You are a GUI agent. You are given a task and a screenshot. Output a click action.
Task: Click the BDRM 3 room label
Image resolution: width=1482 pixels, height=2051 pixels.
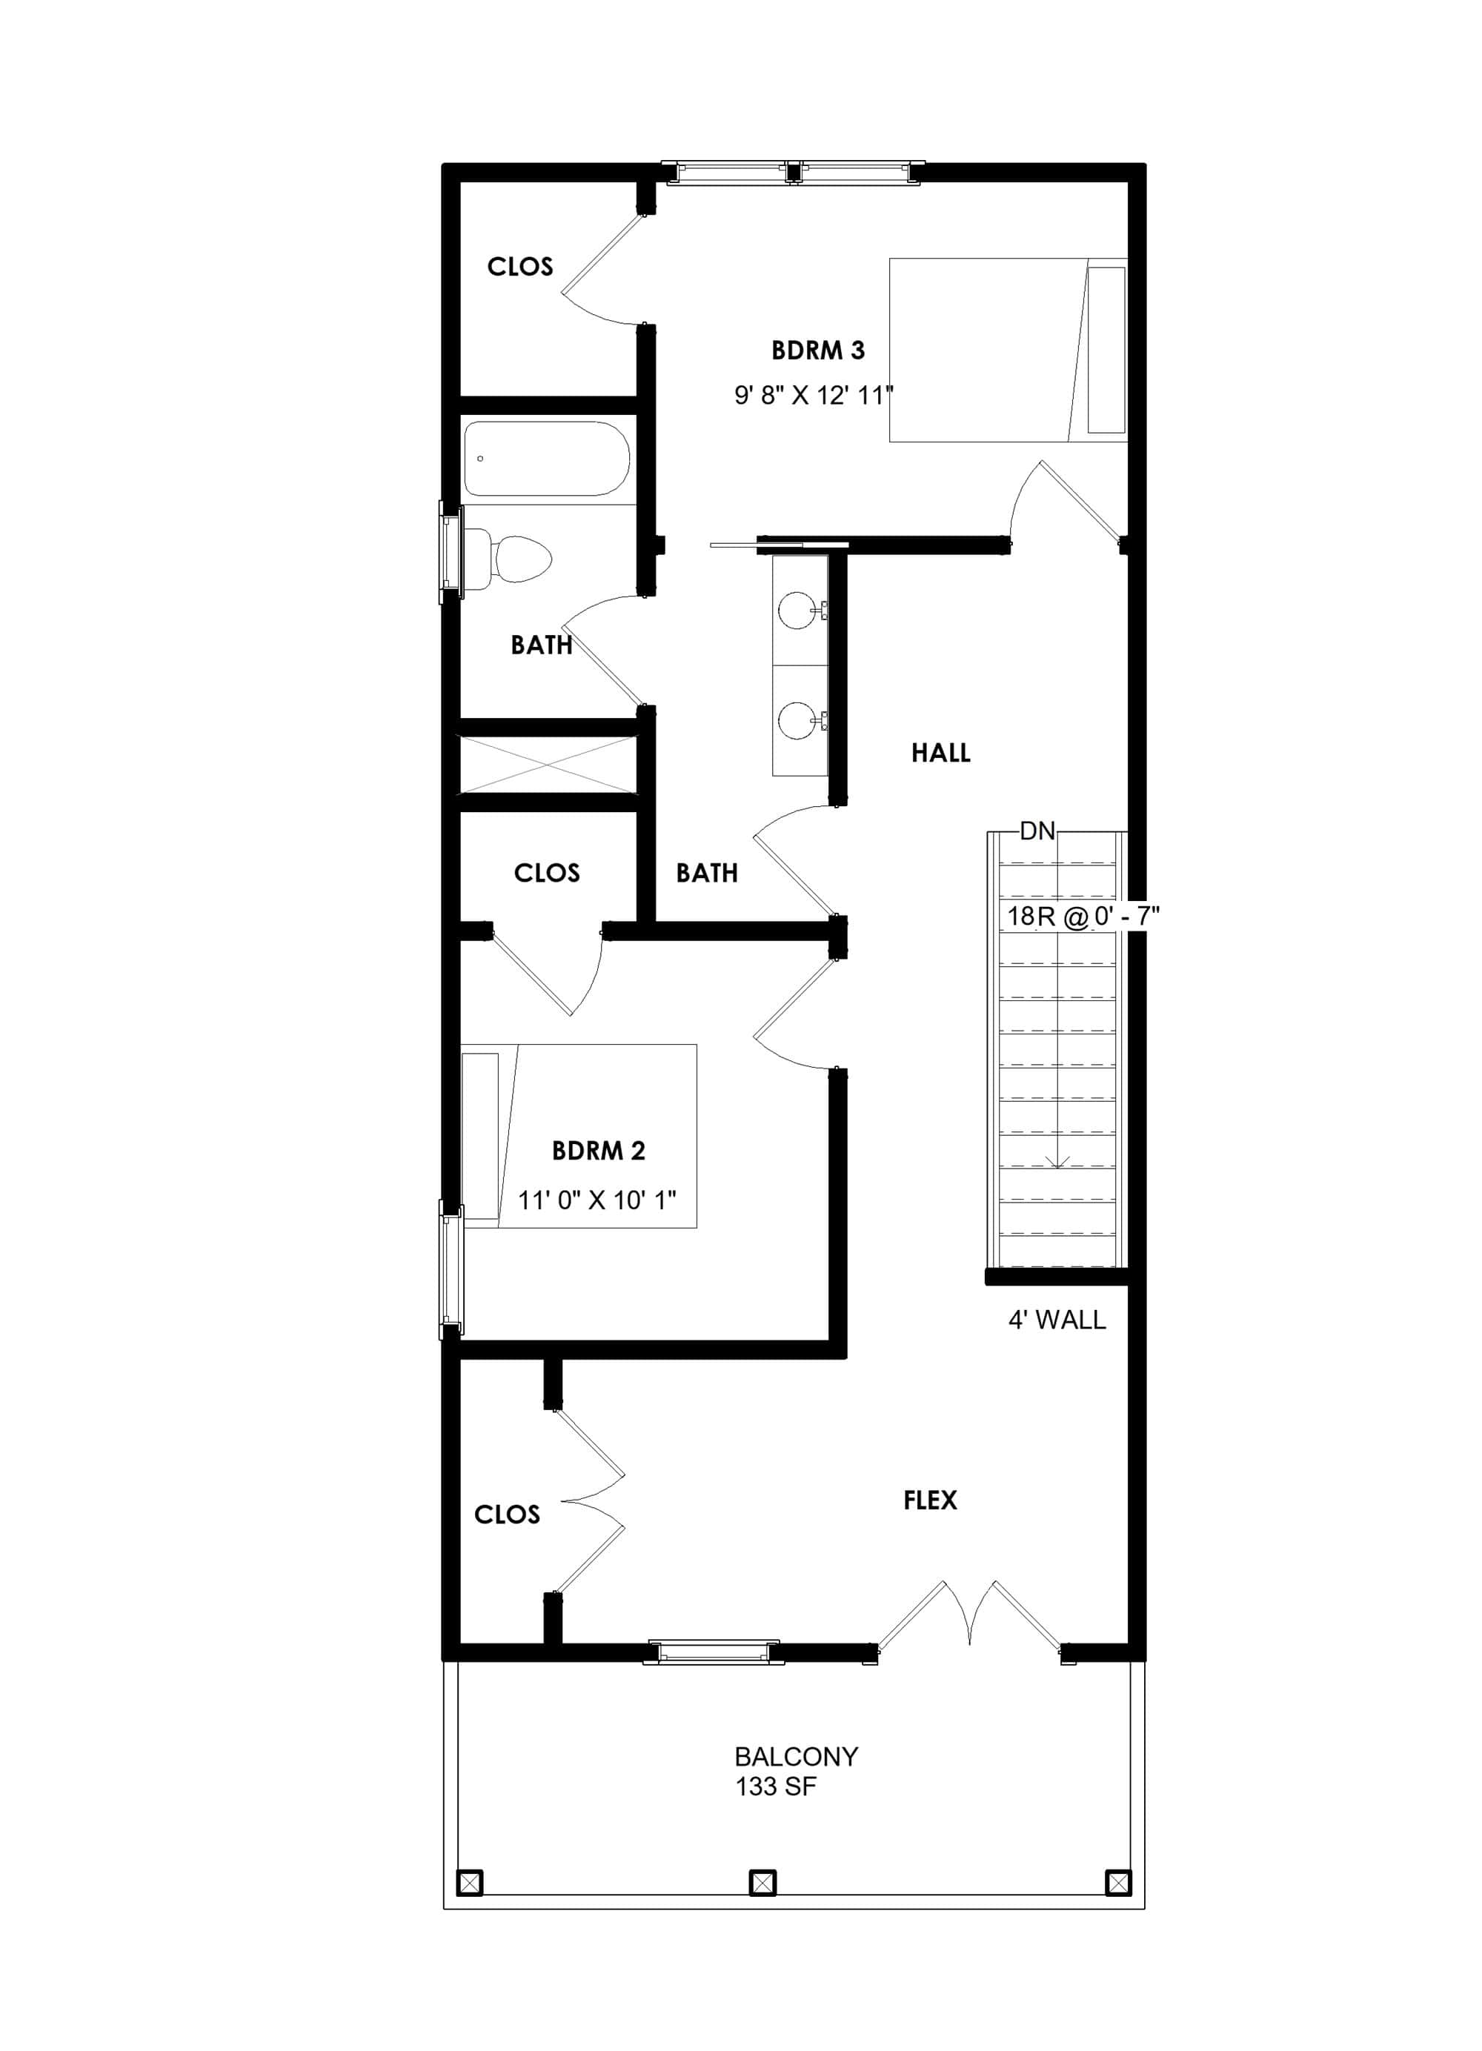(x=817, y=350)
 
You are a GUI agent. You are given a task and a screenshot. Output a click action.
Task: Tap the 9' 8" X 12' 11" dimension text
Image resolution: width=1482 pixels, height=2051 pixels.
(x=813, y=395)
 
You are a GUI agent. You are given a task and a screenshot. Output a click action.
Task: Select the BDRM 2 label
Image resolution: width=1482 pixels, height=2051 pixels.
(x=598, y=1150)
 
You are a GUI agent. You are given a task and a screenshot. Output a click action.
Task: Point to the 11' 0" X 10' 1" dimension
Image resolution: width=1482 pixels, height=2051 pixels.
(x=597, y=1200)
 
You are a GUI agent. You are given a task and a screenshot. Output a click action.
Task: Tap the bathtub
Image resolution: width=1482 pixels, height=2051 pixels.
(x=547, y=459)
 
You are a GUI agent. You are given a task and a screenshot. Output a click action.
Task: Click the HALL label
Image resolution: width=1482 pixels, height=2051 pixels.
(x=940, y=752)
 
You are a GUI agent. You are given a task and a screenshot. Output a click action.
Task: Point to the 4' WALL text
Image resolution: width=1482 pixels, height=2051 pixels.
(x=1056, y=1320)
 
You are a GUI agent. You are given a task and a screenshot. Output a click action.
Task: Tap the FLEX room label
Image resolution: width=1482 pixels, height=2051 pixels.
(x=929, y=1500)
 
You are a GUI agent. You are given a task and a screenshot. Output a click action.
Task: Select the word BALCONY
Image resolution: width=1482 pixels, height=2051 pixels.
(x=796, y=1757)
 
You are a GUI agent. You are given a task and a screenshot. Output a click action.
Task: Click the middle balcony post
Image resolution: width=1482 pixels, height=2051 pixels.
(x=762, y=1883)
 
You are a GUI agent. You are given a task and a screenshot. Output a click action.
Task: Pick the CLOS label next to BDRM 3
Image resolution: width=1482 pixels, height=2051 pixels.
(x=520, y=267)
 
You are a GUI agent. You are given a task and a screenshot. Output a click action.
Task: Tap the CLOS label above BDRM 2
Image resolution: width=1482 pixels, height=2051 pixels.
(x=546, y=873)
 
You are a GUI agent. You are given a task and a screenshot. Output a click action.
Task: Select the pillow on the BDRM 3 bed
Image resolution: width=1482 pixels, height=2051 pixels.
(x=1106, y=349)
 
